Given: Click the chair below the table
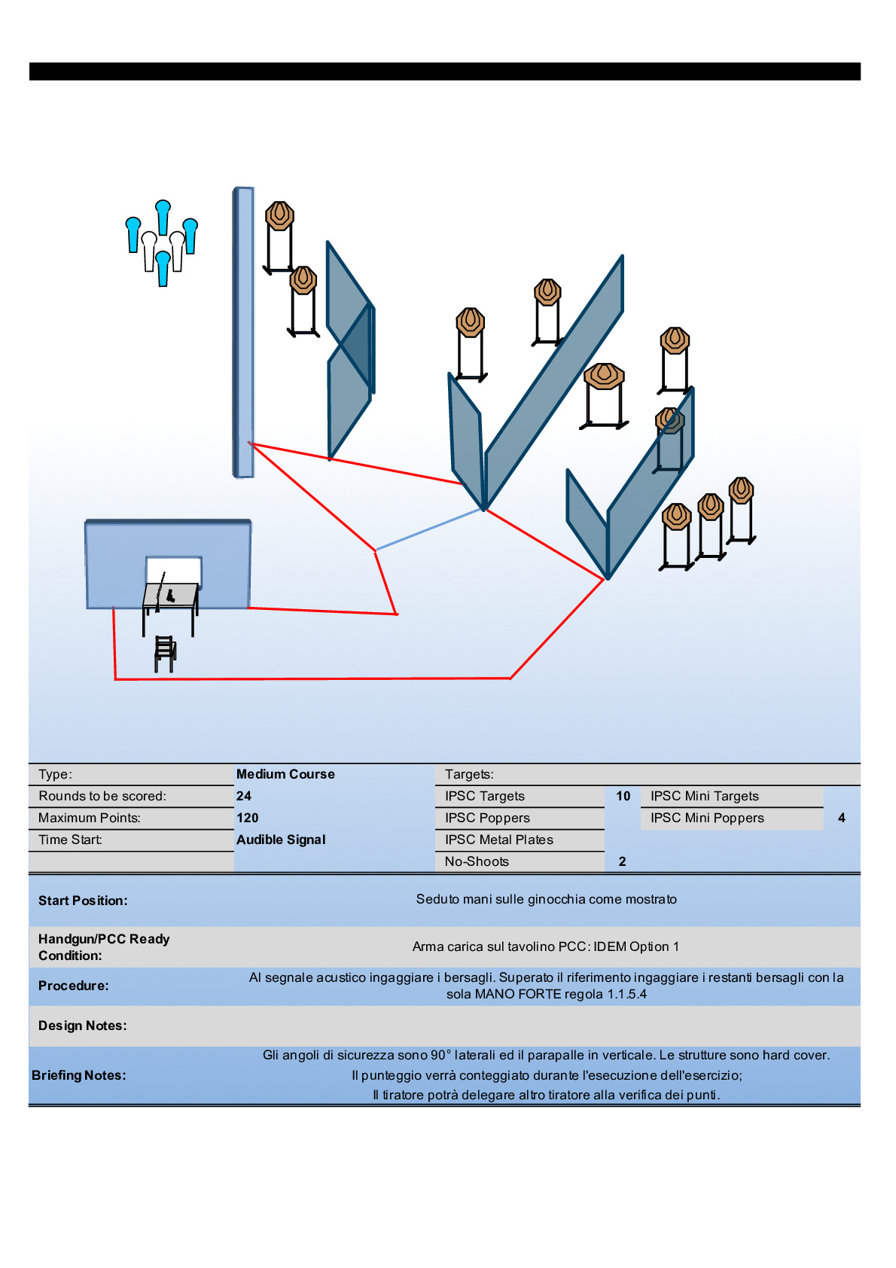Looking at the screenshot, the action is click(x=166, y=654).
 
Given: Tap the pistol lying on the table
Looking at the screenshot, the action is click(x=170, y=596).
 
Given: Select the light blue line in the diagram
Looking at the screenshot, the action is click(x=428, y=529).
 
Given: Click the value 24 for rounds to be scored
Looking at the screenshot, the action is click(x=244, y=796).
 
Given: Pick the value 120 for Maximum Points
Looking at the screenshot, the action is click(x=248, y=818).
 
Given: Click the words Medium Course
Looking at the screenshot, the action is click(x=285, y=774).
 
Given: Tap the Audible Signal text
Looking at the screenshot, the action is click(x=281, y=840).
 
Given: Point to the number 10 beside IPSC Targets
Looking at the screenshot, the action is click(x=623, y=796).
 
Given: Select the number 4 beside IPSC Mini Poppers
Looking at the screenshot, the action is click(x=842, y=818).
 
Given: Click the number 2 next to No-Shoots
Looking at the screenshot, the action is click(x=623, y=861).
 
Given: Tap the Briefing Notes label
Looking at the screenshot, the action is click(x=78, y=1075).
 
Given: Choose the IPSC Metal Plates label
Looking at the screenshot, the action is click(x=499, y=840).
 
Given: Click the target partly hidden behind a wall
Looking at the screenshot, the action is click(x=669, y=439).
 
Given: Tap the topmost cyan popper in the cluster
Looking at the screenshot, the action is click(x=163, y=217).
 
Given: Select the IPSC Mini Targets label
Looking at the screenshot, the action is click(x=705, y=796).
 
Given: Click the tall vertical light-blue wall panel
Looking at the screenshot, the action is click(x=243, y=332).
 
